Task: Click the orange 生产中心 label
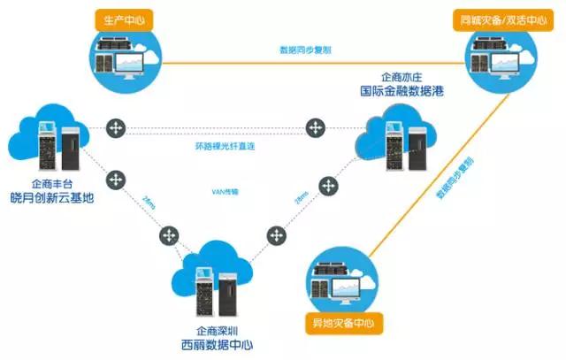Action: (x=120, y=18)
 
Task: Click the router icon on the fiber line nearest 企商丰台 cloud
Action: (x=114, y=130)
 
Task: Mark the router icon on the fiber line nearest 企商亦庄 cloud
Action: (x=314, y=130)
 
